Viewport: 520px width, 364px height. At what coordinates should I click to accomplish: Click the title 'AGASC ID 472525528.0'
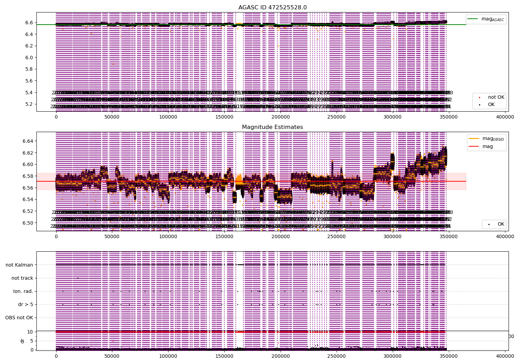(x=272, y=8)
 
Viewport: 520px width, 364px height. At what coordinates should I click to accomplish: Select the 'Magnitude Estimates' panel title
(x=272, y=127)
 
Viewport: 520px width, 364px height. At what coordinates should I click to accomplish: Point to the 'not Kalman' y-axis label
(x=19, y=265)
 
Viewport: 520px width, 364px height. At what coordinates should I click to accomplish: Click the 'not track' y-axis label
(x=22, y=278)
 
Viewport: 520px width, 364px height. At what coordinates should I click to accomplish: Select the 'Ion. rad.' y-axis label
(x=23, y=291)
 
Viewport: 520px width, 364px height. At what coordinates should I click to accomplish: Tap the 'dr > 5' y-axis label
(x=26, y=304)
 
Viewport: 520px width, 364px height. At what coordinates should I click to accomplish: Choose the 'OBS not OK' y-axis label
(x=19, y=318)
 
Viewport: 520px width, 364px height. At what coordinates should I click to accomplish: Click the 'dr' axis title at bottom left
(x=23, y=341)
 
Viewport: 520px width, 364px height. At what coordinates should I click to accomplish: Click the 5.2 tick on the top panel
(x=29, y=104)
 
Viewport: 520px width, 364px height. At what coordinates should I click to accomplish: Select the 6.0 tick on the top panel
(x=29, y=58)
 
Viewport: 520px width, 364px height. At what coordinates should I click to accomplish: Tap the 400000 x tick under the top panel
(x=505, y=117)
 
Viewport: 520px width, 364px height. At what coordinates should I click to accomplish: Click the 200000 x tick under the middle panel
(x=280, y=237)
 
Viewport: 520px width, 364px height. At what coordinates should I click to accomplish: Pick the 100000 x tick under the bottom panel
(x=168, y=356)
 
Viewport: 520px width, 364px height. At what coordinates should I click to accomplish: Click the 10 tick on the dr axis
(x=30, y=332)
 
